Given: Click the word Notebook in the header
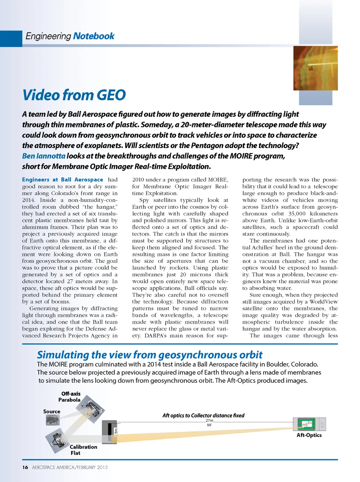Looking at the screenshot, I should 94,36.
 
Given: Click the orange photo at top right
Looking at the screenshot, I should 315,68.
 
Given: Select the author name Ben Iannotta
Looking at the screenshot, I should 44,156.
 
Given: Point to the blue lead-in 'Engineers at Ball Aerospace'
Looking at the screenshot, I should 63,179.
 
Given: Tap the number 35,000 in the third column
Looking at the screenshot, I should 297,214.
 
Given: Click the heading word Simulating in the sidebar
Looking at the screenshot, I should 63,355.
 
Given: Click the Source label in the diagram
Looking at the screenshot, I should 52,411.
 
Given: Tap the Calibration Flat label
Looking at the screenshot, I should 83,450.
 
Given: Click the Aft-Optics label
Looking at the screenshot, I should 309,435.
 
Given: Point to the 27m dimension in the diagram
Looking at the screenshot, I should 209,420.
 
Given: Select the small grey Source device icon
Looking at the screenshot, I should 53,419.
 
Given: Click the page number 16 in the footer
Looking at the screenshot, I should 25,467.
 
